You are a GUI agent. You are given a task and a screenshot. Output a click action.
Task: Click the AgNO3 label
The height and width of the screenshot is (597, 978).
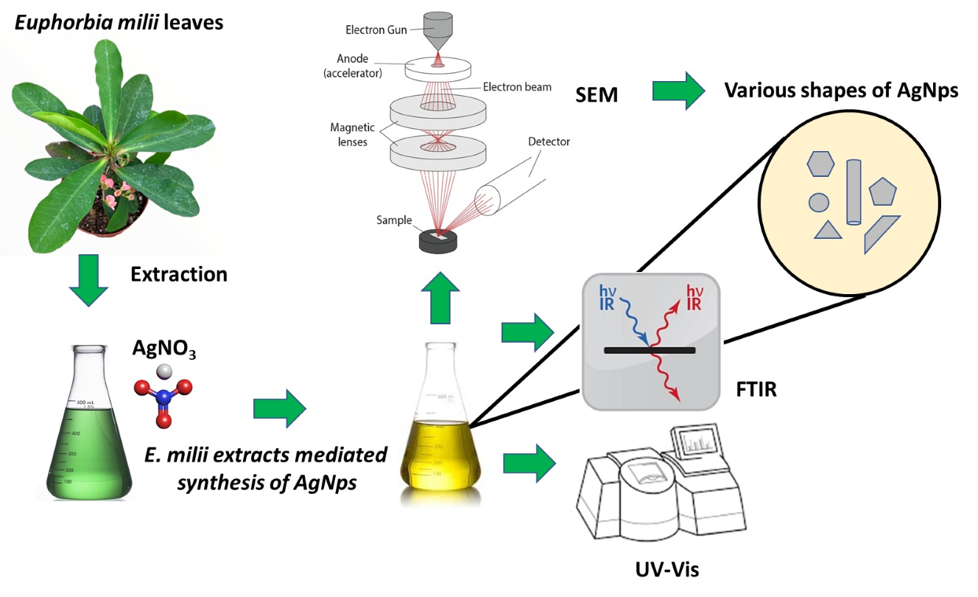pos(163,349)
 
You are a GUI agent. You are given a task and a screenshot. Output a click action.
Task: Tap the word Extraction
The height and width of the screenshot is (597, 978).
pos(179,275)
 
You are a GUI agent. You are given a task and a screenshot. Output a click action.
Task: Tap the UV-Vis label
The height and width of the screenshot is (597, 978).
pos(666,569)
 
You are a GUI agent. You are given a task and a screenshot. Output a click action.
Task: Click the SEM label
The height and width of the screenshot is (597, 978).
pos(597,94)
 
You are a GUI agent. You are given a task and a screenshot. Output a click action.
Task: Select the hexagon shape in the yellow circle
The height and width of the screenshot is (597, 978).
pos(820,164)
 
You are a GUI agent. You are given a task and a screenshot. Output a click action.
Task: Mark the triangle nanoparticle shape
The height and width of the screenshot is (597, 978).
pos(828,230)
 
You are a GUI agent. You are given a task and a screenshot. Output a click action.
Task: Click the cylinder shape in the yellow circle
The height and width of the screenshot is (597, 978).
pos(854,192)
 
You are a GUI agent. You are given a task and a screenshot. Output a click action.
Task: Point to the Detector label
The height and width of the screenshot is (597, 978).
pos(548,141)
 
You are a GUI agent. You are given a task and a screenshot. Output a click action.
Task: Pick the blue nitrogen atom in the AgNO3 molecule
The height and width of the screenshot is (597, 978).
pos(163,397)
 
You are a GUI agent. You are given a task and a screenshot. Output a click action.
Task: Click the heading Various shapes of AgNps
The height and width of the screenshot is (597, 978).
pos(841,91)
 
